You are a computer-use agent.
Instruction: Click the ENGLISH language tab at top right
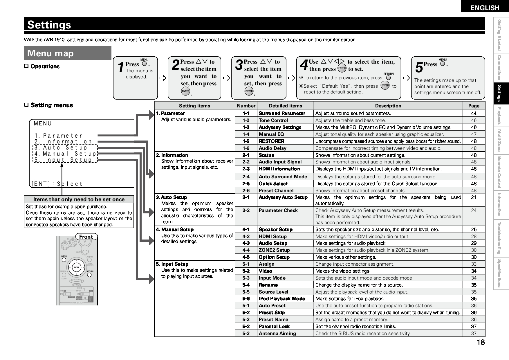(485, 8)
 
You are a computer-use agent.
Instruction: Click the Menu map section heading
(50, 53)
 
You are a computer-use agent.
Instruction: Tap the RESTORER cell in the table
(271, 141)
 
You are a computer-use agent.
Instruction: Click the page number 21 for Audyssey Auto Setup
(474, 197)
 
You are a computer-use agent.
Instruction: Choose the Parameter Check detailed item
(278, 210)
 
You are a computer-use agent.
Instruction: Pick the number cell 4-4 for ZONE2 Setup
(246, 250)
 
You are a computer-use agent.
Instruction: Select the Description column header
(388, 106)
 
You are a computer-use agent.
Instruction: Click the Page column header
(474, 106)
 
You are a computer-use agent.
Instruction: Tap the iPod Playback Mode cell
(282, 298)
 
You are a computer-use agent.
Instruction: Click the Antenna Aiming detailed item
(277, 333)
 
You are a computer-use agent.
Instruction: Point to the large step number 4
(304, 65)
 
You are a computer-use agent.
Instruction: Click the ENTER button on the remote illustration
(77, 267)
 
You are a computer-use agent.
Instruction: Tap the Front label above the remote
(86, 237)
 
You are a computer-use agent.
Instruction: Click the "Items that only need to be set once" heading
(79, 199)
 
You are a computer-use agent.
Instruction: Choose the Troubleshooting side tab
(501, 238)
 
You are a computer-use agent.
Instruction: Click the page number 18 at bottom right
(481, 342)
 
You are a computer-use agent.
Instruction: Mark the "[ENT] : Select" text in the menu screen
(57, 184)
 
